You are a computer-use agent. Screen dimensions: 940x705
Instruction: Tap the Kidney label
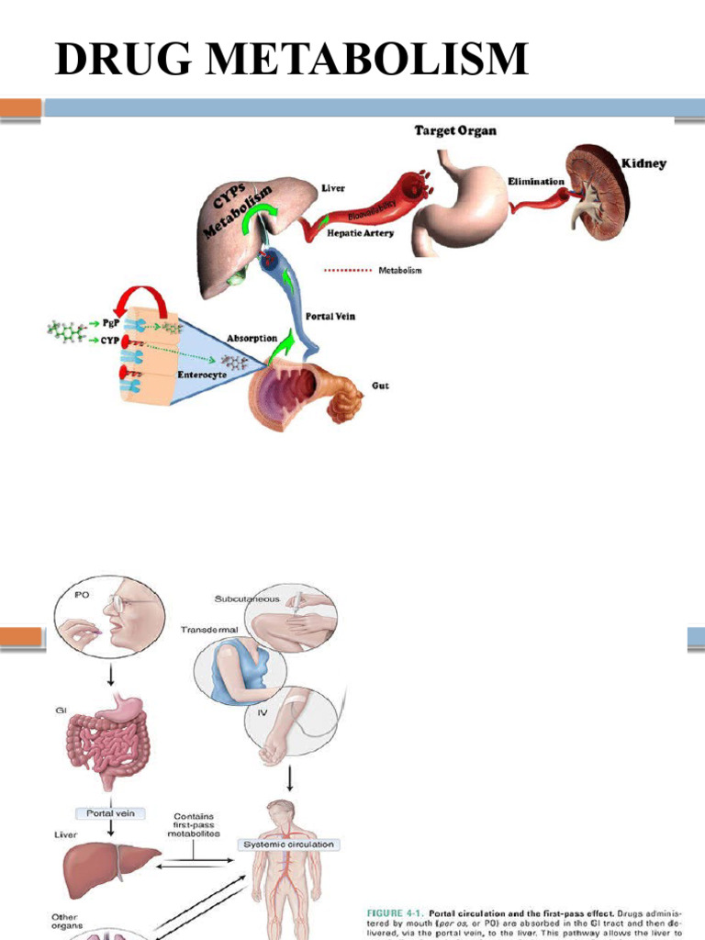(643, 164)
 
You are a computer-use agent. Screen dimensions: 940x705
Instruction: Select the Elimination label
(536, 182)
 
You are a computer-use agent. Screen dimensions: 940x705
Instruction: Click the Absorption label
(253, 338)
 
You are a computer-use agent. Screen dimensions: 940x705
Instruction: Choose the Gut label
(377, 386)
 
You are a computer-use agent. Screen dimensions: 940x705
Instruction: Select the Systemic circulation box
(286, 845)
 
